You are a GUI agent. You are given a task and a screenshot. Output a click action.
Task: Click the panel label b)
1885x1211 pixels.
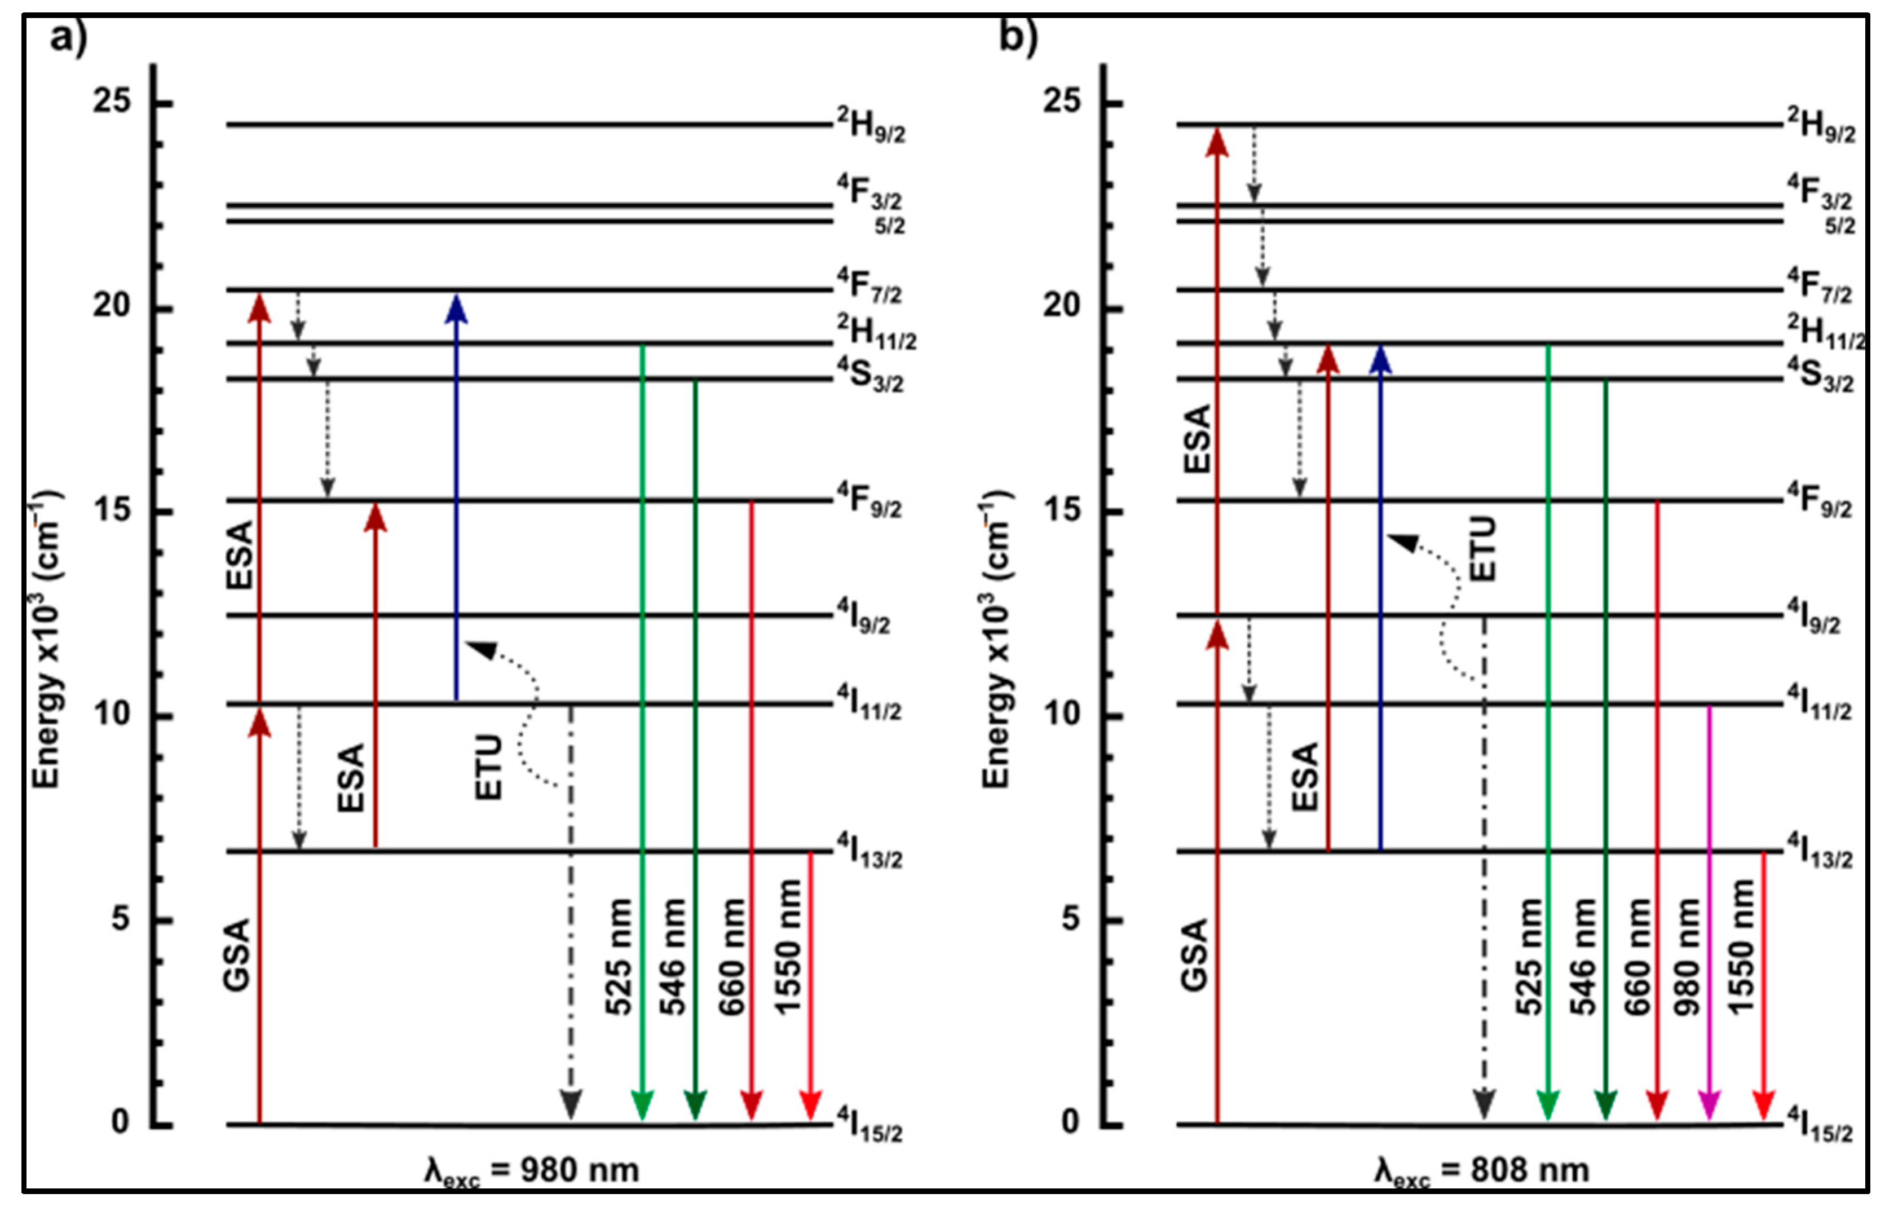click(x=1019, y=38)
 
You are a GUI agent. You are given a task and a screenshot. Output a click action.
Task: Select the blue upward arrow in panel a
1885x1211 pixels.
click(x=456, y=497)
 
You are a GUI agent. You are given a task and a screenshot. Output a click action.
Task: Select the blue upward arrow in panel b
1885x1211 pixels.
click(x=1380, y=598)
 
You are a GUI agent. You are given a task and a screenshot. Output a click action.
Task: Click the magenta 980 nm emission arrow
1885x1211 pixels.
click(x=1710, y=912)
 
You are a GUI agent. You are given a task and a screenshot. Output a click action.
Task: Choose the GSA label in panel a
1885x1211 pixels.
click(x=237, y=953)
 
